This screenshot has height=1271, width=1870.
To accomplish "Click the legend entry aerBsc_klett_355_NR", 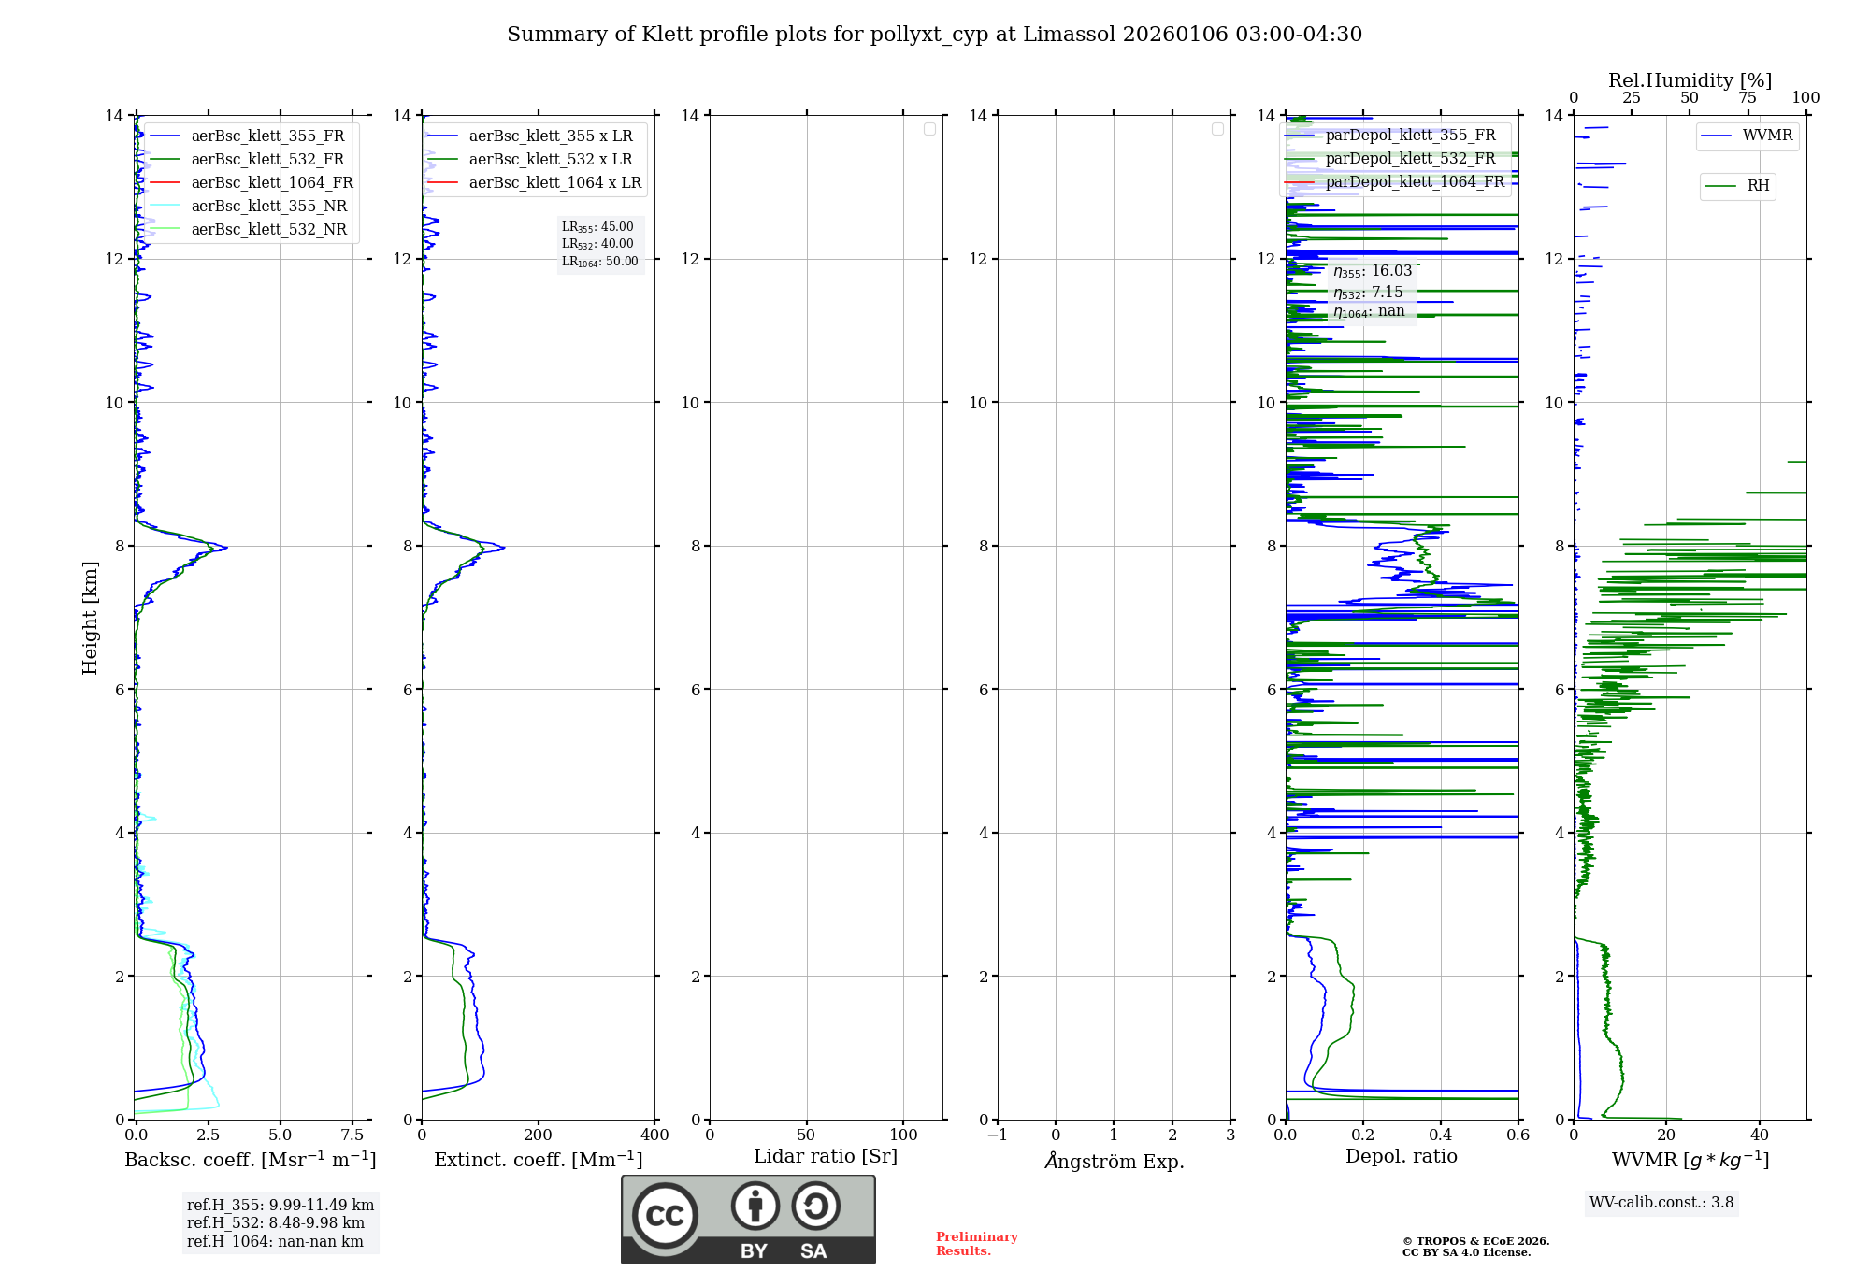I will tap(268, 206).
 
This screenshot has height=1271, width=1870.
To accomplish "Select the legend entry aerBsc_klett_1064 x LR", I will tap(554, 182).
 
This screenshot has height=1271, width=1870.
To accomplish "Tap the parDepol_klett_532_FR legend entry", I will tap(1410, 159).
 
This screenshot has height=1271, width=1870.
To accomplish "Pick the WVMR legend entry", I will tap(1767, 136).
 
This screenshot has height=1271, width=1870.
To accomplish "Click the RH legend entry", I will tap(1758, 186).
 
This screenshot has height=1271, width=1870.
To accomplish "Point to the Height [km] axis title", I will tap(90, 617).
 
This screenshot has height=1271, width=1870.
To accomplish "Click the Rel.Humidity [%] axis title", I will tap(1690, 80).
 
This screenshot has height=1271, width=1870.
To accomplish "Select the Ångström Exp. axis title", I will tap(1114, 1161).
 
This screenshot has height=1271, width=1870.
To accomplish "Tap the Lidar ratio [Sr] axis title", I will tap(825, 1156).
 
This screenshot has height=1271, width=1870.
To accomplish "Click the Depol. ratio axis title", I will tap(1401, 1156).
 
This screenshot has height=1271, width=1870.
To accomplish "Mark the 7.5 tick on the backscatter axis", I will tap(352, 1135).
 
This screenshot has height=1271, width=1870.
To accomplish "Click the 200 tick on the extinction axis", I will tap(538, 1135).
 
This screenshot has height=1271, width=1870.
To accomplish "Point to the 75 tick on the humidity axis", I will tap(1747, 98).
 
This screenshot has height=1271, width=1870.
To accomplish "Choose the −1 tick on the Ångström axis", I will tap(998, 1135).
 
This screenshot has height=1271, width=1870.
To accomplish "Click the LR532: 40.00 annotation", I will tap(597, 244).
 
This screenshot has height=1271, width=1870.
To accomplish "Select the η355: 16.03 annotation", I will tap(1372, 271).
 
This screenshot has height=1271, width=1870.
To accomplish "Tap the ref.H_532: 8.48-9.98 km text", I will tap(275, 1222).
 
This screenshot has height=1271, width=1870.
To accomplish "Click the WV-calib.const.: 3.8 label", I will tap(1661, 1202).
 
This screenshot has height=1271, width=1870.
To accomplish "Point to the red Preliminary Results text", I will tap(976, 1243).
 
